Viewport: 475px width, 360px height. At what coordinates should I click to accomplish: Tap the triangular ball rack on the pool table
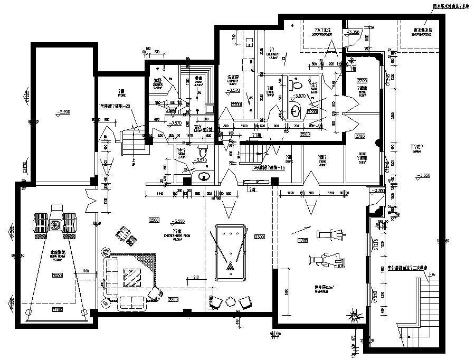click(231, 268)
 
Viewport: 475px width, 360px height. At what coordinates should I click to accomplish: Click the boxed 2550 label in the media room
click(58, 276)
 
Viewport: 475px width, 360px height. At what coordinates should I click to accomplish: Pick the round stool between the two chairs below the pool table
click(230, 300)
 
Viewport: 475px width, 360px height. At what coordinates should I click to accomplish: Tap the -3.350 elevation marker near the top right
click(354, 33)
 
